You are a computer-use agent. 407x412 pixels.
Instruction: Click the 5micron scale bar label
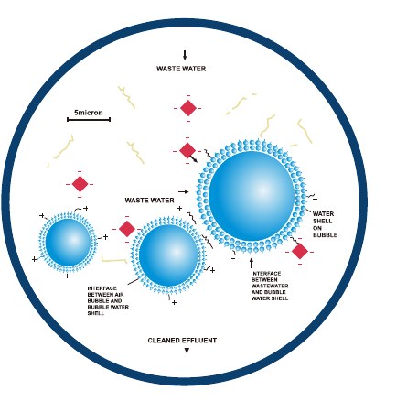[x=89, y=113]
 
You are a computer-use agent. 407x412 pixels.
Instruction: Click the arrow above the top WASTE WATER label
[x=185, y=55]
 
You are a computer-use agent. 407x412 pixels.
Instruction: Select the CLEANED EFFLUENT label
[x=182, y=341]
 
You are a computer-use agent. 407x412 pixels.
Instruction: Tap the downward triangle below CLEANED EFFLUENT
[x=187, y=351]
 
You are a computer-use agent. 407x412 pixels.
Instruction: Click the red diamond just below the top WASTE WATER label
[x=188, y=108]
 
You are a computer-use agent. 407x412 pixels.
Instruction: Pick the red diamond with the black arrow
[x=187, y=150]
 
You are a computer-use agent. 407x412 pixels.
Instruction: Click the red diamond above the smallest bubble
[x=80, y=184]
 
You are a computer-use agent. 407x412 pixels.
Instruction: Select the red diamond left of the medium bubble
[x=127, y=229]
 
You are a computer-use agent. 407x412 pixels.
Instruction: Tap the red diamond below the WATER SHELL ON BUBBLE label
[x=300, y=251]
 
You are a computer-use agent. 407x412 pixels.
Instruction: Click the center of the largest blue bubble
[x=252, y=196]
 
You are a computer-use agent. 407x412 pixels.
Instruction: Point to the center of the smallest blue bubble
[x=68, y=242]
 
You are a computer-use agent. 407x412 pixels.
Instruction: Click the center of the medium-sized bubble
[x=168, y=255]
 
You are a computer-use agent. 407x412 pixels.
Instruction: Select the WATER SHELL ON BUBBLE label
[x=325, y=224]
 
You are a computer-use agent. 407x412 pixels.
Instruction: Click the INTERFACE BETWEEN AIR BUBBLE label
[x=108, y=301]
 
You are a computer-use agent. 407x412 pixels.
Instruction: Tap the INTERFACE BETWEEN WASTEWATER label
[x=270, y=286]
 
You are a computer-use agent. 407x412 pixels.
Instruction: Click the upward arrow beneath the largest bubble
[x=252, y=263]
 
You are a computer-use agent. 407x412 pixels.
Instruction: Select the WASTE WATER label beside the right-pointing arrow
[x=149, y=201]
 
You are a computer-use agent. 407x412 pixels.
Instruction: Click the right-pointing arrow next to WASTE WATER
[x=184, y=192]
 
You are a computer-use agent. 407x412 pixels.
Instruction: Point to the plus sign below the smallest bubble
[x=67, y=276]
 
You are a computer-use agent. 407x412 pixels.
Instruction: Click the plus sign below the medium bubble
[x=174, y=303]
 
